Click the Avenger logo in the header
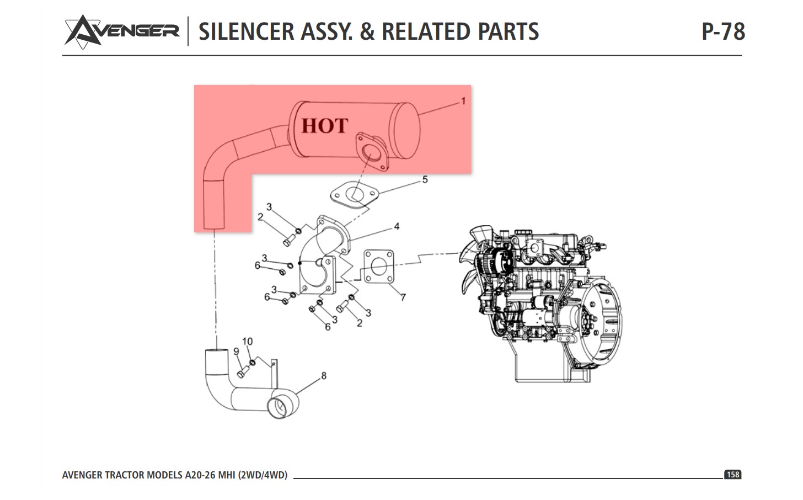point(122,30)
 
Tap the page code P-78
point(723,31)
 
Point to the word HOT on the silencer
point(325,126)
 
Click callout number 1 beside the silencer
point(463,100)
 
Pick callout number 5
point(425,179)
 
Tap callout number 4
point(397,226)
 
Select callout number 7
point(403,297)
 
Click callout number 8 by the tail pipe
point(324,375)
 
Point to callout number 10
point(247,342)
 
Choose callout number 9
point(236,352)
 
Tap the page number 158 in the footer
point(732,475)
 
